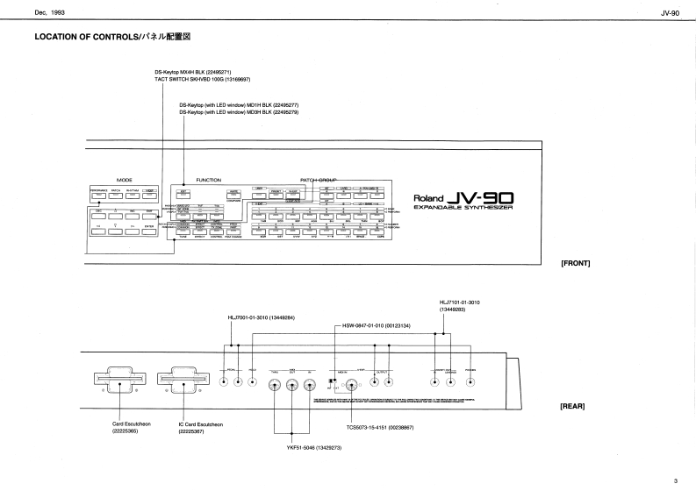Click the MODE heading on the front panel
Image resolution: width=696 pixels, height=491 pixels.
(x=123, y=179)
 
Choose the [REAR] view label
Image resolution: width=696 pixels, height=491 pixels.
(x=572, y=406)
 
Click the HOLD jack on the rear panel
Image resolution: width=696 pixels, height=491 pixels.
(x=252, y=383)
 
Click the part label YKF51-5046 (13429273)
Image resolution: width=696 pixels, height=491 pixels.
(x=293, y=448)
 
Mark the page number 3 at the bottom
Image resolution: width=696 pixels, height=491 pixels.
(x=676, y=480)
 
